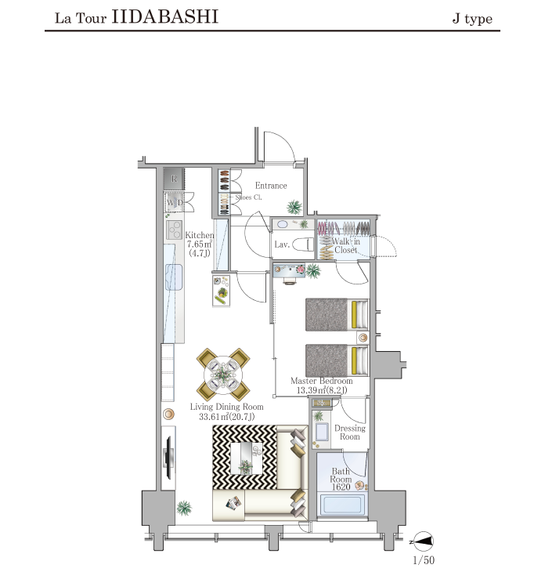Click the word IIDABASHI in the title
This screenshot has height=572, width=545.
coord(164,16)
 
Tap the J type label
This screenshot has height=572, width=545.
coord(472,18)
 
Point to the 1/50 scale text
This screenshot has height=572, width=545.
coord(424,559)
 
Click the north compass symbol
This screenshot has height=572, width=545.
coord(423,541)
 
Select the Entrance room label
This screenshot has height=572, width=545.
coord(271,186)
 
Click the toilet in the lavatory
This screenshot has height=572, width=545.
coord(302,244)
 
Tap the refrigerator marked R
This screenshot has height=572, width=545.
coord(174,179)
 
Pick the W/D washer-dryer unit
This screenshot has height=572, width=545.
coord(175,202)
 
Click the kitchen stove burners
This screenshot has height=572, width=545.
coord(175,230)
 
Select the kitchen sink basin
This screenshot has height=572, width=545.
coord(174,277)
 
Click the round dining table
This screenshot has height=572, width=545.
coord(223,375)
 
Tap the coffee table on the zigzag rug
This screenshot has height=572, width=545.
coord(247,458)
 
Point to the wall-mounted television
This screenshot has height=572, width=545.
coord(168,458)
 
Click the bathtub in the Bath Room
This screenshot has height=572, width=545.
coord(341,504)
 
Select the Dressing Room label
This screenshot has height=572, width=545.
coord(349,433)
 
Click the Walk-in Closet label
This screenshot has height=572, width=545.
coord(345,245)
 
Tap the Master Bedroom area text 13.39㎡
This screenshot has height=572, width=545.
coord(311,390)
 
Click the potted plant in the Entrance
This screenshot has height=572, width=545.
coord(294,207)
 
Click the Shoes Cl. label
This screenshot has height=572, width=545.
coord(248,197)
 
